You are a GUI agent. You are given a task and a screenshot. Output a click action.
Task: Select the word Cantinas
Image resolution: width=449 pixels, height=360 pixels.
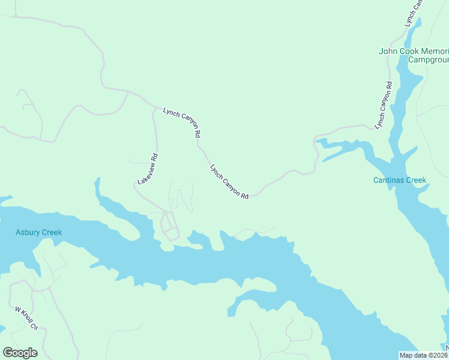click(x=389, y=180)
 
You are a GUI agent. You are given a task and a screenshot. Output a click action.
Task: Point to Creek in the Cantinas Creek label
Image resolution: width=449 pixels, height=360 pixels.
click(x=416, y=180)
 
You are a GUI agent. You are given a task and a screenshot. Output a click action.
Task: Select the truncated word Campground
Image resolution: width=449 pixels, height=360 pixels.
click(x=429, y=60)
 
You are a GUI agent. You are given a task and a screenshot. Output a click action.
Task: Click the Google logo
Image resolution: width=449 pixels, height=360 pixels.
click(x=20, y=353)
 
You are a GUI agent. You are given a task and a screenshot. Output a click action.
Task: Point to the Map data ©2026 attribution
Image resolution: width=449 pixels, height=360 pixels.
click(x=424, y=355)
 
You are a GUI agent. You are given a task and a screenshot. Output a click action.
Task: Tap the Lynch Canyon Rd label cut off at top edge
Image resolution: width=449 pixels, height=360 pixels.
click(x=414, y=12)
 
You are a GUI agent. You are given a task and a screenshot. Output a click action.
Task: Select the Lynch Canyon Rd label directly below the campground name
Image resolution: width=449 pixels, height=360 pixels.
click(x=383, y=106)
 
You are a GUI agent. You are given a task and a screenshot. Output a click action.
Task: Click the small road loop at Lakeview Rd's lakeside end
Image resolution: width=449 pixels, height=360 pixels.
click(x=169, y=227)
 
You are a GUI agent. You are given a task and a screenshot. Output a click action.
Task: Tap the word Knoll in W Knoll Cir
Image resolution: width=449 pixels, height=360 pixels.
click(x=26, y=318)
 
